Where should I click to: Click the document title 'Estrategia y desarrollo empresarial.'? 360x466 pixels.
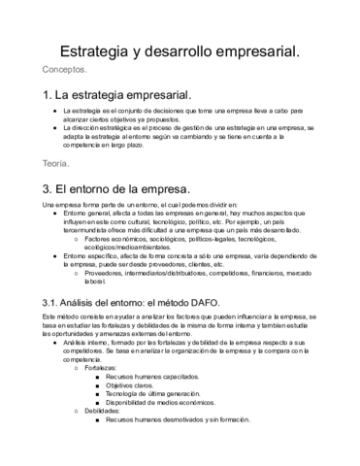coord(180,49)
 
